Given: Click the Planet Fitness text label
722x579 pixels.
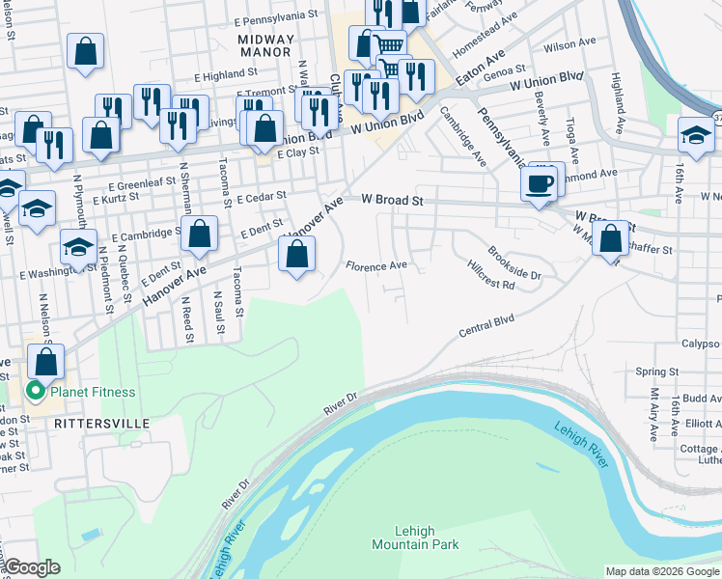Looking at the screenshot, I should (x=93, y=392).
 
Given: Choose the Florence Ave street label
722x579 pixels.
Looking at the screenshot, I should (x=376, y=265).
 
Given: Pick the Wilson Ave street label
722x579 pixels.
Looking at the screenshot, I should (x=569, y=44).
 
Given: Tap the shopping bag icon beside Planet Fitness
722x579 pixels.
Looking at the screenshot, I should (x=45, y=362).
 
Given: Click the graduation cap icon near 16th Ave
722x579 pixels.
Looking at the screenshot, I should (x=695, y=135).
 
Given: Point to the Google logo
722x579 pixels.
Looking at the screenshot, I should (x=32, y=567).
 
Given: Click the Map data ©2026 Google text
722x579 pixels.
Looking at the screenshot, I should (x=662, y=571).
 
